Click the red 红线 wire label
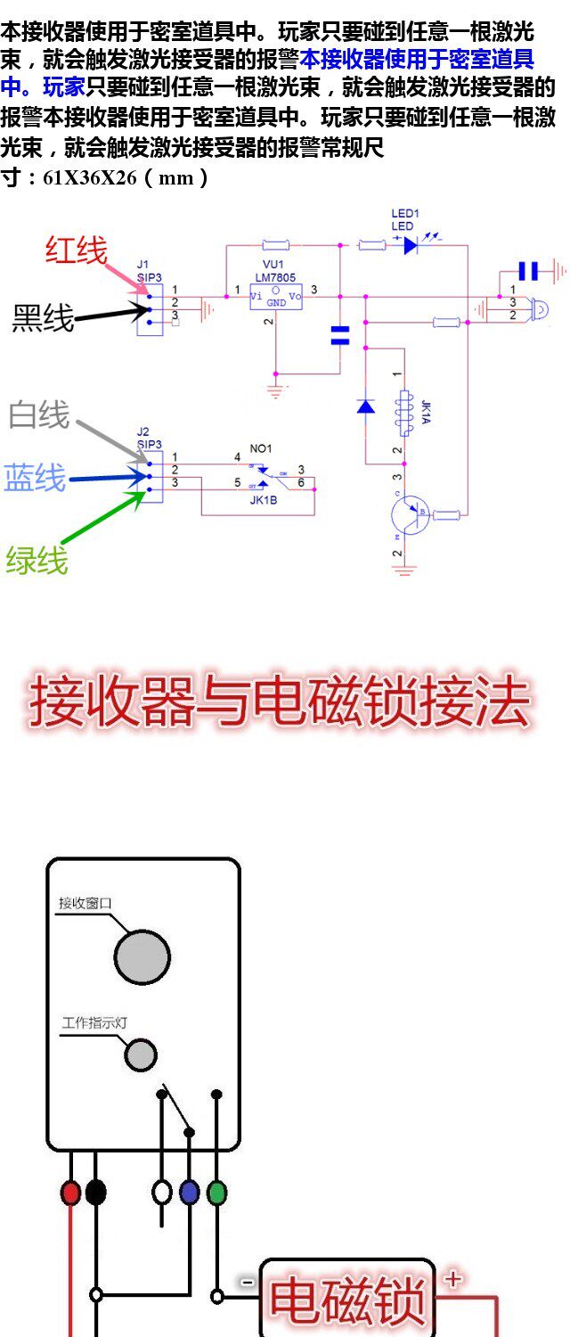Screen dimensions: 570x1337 coord(76,250)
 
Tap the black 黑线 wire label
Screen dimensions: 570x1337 coord(43,317)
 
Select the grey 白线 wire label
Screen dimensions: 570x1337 coord(38,414)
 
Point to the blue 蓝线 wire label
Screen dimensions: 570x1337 coord(35,479)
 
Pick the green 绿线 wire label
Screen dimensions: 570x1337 coord(37,561)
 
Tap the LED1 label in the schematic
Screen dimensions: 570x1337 coord(405,214)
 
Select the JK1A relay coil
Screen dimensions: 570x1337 coord(405,412)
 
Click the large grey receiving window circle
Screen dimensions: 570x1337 coord(142,957)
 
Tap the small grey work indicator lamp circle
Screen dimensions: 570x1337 coord(141,1054)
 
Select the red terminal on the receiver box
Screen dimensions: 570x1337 coord(70,1193)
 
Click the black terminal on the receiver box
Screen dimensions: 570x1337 coord(95,1193)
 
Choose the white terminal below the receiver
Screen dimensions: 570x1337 coord(161,1193)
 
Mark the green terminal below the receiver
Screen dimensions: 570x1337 coord(216,1193)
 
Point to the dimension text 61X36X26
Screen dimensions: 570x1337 coord(90,177)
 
